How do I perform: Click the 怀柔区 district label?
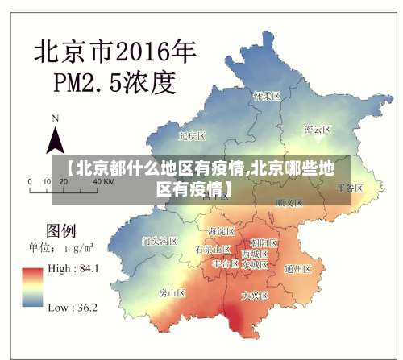pyautogui.click(x=265, y=96)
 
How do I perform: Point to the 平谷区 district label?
pyautogui.click(x=351, y=187)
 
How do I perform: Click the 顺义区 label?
pyautogui.click(x=288, y=202)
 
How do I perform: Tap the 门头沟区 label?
pyautogui.click(x=159, y=241)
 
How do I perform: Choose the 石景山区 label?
pyautogui.click(x=213, y=250)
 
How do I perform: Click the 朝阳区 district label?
pyautogui.click(x=264, y=242)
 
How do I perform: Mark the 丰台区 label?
pyautogui.click(x=225, y=263)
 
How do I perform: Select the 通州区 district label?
pyautogui.click(x=298, y=268)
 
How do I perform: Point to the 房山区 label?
pyautogui.click(x=172, y=292)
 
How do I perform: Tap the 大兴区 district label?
pyautogui.click(x=255, y=296)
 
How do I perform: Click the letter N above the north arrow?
pyautogui.click(x=55, y=118)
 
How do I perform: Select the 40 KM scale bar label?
pyautogui.click(x=103, y=182)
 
